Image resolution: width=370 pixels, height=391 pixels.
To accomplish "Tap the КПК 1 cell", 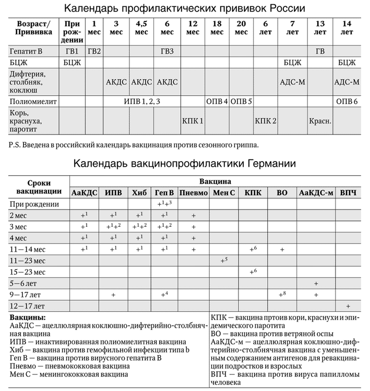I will click(x=193, y=121).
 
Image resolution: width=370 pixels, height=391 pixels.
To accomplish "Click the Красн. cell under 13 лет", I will click(x=319, y=121).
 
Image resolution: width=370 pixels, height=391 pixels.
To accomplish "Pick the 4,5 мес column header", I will click(x=141, y=28).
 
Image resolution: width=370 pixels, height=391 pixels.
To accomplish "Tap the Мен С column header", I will click(x=224, y=193).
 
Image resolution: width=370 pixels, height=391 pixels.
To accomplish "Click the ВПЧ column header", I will click(x=348, y=193).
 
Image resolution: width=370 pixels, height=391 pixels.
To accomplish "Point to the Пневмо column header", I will click(x=194, y=193).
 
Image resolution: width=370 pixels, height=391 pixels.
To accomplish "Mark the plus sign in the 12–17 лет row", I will click(x=348, y=306).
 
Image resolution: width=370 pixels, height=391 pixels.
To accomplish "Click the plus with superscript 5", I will click(x=224, y=260).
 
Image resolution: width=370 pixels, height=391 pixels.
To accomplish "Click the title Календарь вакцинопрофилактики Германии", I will click(x=185, y=164).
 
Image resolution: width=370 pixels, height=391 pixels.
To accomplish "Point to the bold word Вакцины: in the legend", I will click(x=28, y=317).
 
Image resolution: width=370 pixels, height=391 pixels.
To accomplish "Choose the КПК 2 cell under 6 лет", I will click(x=266, y=121).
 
